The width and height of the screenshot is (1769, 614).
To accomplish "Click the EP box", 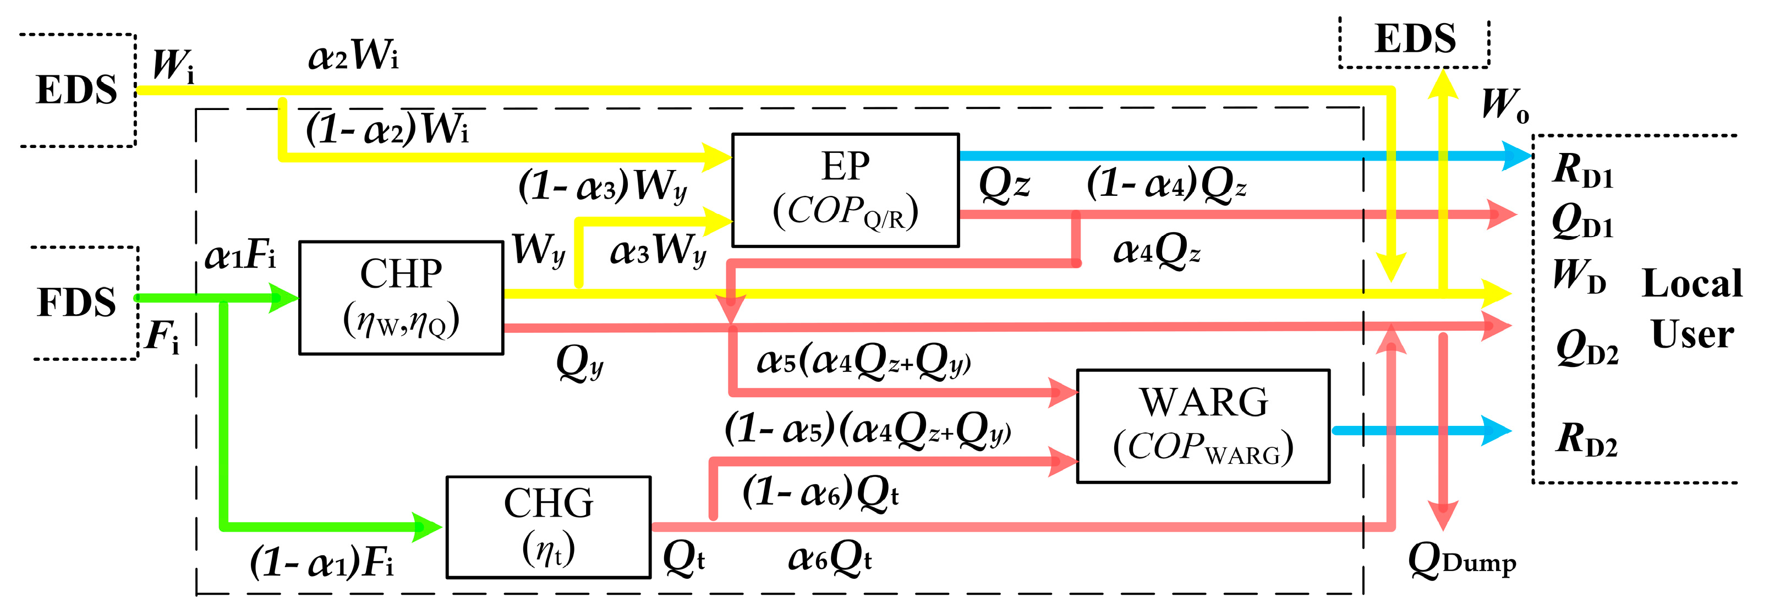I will (845, 190).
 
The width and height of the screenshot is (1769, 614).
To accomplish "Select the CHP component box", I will (401, 298).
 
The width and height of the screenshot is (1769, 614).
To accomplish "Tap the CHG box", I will (548, 527).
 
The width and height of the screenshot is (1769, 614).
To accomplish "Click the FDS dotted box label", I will (76, 302).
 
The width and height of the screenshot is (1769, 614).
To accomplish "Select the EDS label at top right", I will (1415, 39).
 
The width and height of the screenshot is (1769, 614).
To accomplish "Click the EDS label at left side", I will (76, 90).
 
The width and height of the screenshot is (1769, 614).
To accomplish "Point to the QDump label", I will (1461, 562).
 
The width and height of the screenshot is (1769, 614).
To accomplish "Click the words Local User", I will (1691, 309).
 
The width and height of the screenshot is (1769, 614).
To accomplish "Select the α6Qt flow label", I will (830, 558).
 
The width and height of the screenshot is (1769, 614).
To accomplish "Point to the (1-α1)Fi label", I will (321, 563).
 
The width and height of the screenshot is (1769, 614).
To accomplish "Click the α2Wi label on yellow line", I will (353, 55).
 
